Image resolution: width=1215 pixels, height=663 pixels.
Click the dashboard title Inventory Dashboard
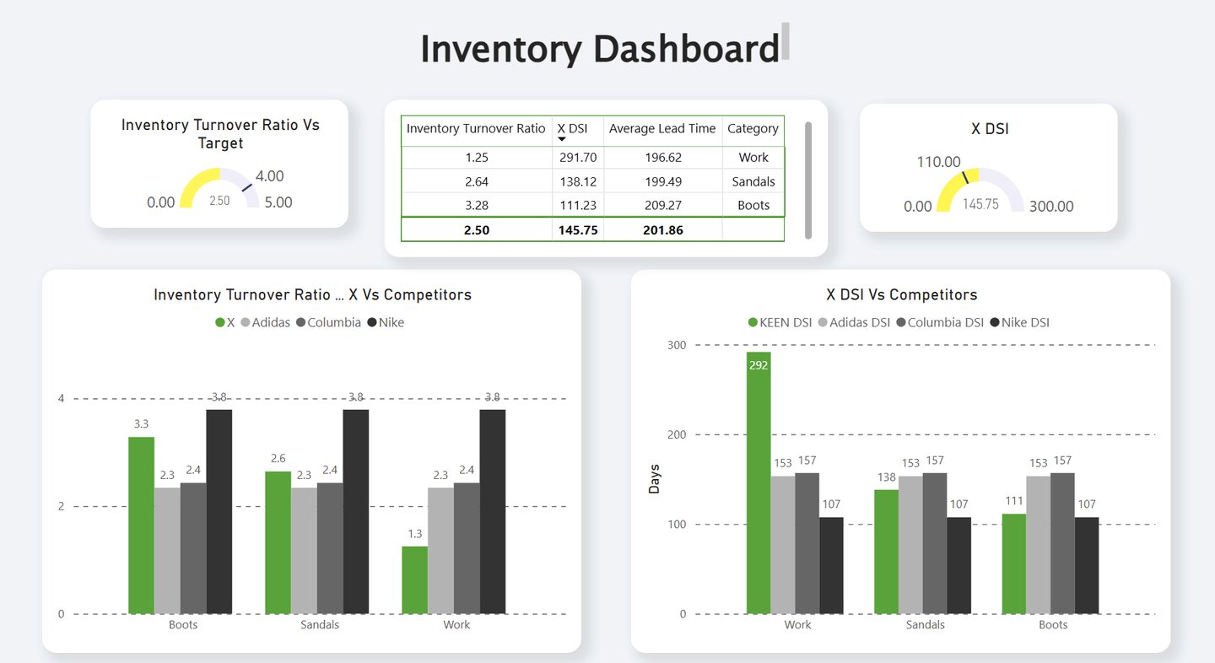click(599, 48)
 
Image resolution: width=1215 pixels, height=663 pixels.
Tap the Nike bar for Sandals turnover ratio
click(355, 511)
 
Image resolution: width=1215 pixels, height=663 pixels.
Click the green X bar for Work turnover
click(414, 579)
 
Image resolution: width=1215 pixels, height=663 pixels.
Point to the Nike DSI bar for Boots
click(1086, 565)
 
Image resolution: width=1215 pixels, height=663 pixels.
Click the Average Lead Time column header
click(662, 129)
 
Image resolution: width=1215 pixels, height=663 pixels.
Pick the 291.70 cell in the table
click(578, 158)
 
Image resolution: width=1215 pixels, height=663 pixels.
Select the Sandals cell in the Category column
click(753, 181)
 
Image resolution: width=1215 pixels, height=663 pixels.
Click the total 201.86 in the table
click(662, 229)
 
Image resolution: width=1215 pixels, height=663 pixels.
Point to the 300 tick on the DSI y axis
click(678, 345)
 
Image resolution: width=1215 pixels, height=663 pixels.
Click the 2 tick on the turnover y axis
click(61, 506)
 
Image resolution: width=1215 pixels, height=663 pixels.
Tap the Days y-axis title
click(655, 479)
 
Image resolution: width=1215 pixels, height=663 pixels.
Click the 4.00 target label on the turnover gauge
click(269, 176)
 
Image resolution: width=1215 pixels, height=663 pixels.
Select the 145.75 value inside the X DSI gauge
click(980, 204)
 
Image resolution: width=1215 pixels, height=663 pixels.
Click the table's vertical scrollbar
click(808, 180)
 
